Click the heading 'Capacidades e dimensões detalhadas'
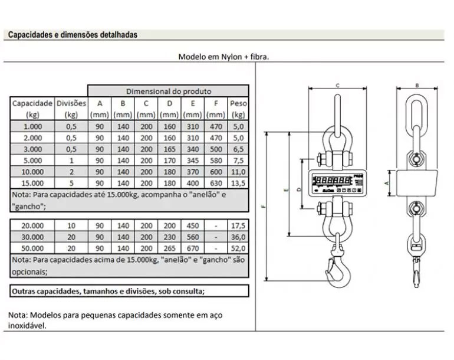point(73,35)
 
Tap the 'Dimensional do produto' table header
point(168,91)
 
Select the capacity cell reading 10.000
point(32,171)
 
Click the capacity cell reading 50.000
point(32,248)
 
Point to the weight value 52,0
point(239,248)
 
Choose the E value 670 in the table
point(192,248)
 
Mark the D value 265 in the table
point(169,248)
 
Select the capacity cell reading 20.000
point(32,226)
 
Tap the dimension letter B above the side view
point(417,85)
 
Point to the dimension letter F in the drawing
point(264,207)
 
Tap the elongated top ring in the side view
point(417,118)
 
